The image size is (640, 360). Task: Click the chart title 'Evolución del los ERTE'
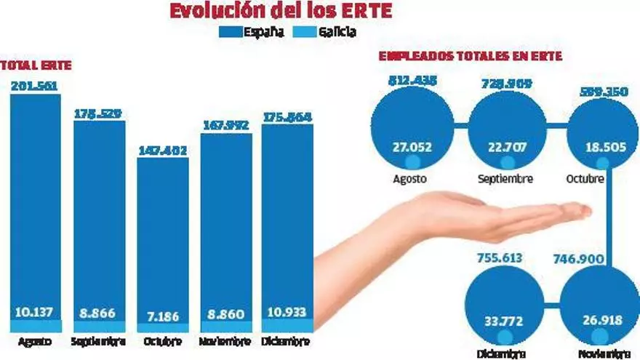280,11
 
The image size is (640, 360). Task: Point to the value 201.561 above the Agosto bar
34,86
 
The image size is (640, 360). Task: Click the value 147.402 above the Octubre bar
162,151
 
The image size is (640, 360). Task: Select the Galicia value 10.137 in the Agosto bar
35,311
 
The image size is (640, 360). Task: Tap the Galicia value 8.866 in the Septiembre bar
99,311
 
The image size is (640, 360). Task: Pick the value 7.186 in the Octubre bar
162,311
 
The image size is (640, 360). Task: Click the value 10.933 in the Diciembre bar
287,311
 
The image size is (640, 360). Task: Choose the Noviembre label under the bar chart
225,341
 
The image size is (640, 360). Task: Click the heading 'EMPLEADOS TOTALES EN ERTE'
470,56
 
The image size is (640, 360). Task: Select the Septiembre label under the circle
506,178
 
